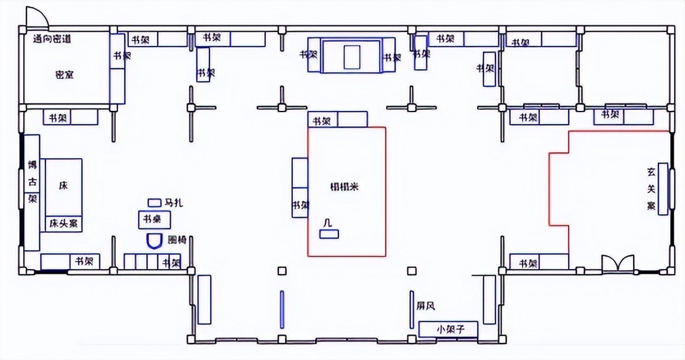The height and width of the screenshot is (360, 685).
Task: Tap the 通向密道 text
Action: [52, 40]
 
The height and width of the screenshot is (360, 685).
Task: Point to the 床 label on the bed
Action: [63, 185]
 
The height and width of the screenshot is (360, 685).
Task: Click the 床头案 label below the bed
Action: [64, 224]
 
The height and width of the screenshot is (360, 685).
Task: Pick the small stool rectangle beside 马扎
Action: [155, 202]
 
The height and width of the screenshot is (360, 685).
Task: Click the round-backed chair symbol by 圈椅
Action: [154, 241]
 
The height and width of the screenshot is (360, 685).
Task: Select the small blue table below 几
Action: [329, 234]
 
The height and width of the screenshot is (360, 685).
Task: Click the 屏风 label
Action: [426, 306]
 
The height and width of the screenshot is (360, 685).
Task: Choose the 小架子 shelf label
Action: [448, 329]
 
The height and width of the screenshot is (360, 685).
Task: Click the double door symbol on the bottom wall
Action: [617, 263]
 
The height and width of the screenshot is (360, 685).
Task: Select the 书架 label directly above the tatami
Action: [322, 121]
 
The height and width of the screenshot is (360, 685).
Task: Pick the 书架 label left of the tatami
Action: [300, 206]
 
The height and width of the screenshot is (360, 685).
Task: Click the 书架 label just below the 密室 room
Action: [57, 118]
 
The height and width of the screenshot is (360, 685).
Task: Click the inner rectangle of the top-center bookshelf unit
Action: [352, 56]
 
